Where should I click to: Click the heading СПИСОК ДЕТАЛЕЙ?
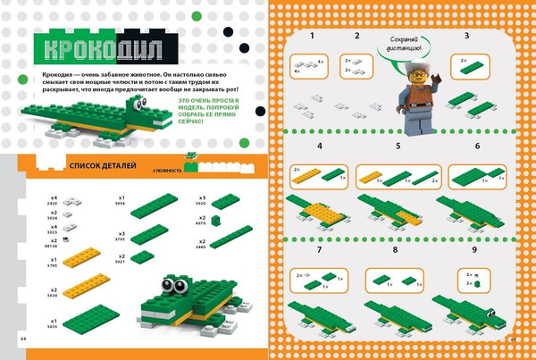101,165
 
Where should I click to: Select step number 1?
313,37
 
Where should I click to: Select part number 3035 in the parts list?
54,328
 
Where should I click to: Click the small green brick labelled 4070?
215,221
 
